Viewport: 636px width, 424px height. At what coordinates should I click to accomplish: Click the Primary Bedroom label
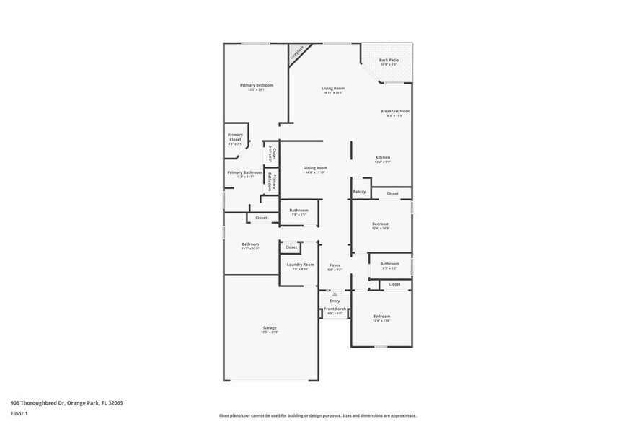257,85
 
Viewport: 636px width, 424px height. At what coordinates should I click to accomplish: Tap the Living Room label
333,88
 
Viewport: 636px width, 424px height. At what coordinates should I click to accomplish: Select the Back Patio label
389,60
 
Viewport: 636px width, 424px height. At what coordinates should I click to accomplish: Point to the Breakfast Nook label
394,111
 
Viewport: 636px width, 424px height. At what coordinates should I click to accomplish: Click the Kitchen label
382,157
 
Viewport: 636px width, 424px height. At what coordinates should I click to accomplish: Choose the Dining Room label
315,168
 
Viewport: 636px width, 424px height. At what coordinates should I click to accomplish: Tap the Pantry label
359,192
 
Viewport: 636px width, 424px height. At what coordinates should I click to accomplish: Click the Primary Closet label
235,137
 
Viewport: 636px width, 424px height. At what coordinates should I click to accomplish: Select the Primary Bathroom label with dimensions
244,172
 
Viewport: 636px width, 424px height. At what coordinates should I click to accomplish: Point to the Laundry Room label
300,265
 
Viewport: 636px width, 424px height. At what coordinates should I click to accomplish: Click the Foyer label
335,265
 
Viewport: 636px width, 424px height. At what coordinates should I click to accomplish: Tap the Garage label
270,328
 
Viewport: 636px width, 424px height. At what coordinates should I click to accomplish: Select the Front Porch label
336,309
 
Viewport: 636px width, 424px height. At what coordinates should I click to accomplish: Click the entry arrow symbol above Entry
335,294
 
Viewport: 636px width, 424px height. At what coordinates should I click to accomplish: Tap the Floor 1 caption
19,413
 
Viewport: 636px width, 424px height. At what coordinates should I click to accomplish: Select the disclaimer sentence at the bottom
317,415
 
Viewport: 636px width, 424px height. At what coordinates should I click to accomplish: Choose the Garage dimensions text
270,332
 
